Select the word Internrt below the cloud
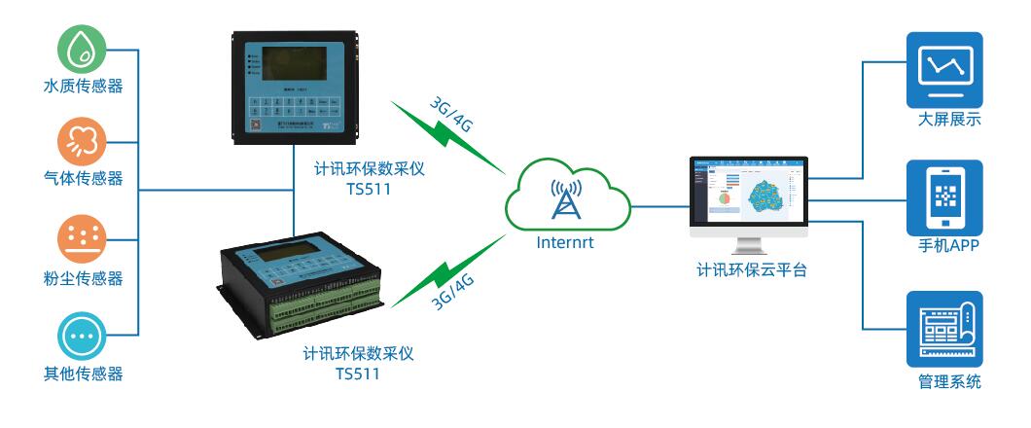(565, 243)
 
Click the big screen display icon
(944, 69)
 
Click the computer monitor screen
(749, 191)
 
